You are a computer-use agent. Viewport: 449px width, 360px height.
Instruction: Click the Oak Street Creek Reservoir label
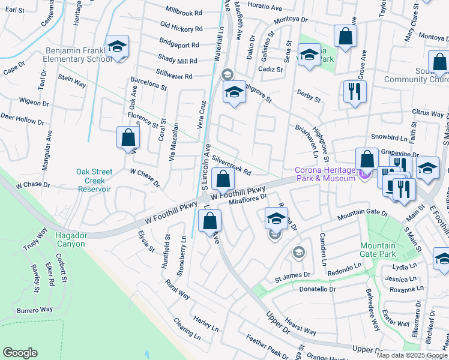point(95,180)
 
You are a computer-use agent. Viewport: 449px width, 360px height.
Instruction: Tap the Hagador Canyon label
point(71,239)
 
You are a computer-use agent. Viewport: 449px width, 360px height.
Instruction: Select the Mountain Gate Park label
point(378,250)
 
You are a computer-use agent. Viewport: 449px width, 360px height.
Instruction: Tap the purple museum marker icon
point(363,174)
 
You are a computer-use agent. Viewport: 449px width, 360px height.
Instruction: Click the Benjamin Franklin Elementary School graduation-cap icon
point(117,46)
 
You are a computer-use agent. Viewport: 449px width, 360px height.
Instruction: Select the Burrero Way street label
point(35,310)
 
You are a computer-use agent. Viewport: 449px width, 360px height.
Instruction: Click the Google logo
point(20,353)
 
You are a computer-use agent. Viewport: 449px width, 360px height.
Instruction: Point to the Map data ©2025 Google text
point(411,355)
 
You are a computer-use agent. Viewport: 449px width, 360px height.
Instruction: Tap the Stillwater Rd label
point(173,76)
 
